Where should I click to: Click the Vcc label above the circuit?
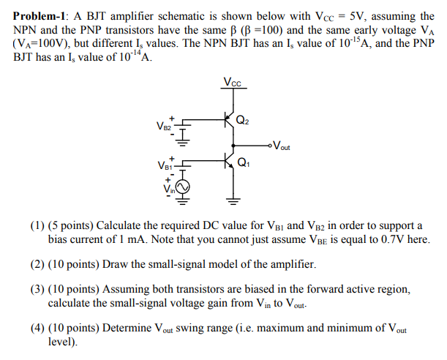[235, 83]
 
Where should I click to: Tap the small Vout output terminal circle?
[270, 143]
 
